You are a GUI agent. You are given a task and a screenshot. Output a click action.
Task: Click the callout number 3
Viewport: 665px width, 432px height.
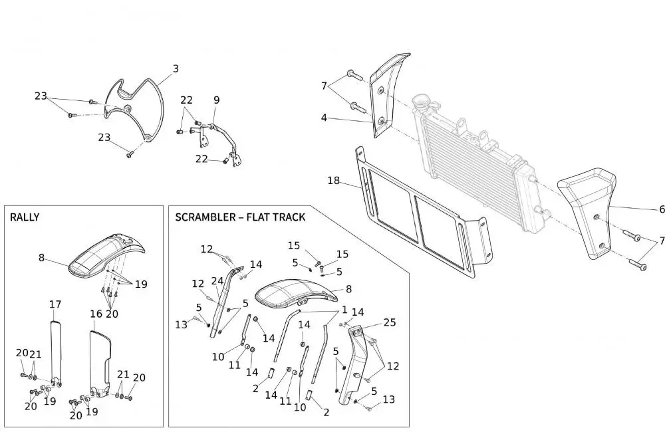coord(176,68)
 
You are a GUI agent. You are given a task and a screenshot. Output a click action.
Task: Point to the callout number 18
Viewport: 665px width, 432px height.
coord(334,180)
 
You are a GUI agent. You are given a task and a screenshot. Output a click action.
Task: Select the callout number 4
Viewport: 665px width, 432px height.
coord(324,118)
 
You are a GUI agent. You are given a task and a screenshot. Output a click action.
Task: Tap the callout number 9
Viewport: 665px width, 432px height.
coord(216,100)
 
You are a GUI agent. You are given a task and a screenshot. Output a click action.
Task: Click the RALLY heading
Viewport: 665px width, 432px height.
coord(25,217)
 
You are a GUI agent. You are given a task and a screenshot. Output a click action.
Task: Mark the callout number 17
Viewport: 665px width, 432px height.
coord(55,304)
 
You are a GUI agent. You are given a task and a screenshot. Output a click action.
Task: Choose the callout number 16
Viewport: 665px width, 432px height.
coord(96,312)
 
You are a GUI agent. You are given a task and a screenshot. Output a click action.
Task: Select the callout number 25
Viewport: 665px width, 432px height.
coord(390,322)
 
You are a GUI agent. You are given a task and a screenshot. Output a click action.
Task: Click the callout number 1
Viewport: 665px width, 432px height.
coord(345,310)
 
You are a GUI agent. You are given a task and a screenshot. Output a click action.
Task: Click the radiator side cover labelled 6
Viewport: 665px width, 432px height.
coord(592,206)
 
